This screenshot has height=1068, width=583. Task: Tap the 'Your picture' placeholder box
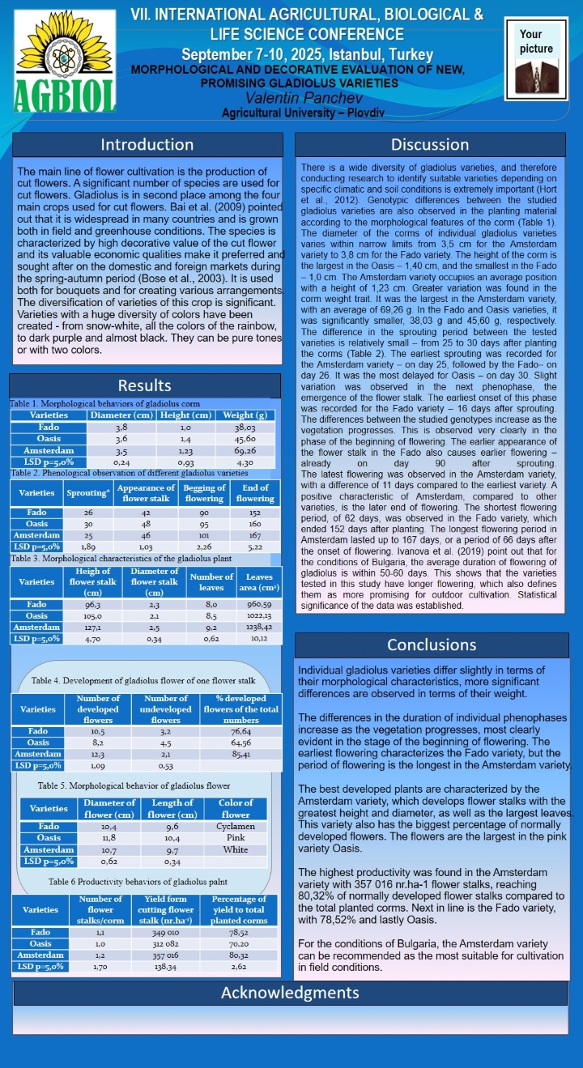pos(536,61)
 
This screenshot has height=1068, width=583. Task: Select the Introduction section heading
pos(147,145)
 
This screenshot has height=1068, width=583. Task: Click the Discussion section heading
pos(430,145)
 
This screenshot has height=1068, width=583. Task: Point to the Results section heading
pos(144,385)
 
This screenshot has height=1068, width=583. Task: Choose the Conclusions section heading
pos(432,645)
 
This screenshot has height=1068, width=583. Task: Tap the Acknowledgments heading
pos(290,993)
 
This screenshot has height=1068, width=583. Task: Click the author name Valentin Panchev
pos(291,98)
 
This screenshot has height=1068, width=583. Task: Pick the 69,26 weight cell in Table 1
pos(245,450)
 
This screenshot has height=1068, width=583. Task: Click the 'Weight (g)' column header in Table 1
pos(245,415)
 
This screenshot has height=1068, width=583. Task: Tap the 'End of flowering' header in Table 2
pos(255,493)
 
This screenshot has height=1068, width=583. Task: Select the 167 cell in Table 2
pos(255,535)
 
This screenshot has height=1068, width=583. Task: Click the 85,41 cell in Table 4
pos(240,754)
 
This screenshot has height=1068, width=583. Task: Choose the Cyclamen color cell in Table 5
pos(236,827)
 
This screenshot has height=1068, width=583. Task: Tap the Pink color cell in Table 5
pos(236,838)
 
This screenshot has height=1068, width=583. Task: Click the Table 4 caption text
pos(143,680)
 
